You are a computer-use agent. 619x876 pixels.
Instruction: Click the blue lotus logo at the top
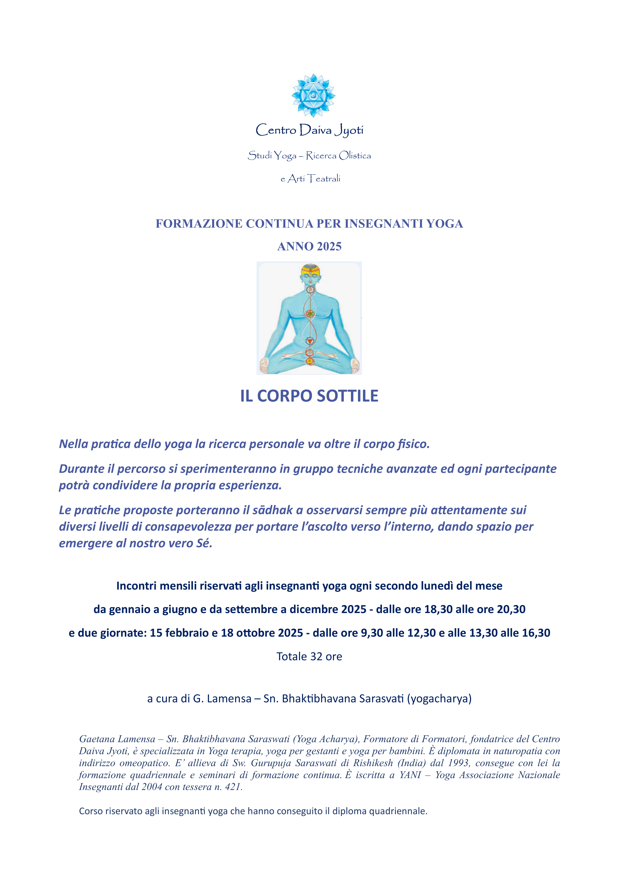point(313,95)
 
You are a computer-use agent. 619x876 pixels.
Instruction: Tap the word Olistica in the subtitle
point(355,156)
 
